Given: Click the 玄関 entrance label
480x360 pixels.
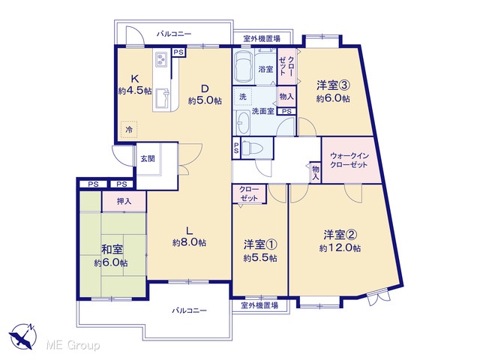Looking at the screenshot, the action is (148, 158).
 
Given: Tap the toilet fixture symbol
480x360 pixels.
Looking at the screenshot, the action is (253, 148).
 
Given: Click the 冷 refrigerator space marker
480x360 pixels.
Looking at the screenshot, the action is (129, 130).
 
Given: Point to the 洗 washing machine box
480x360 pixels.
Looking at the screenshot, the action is (242, 97).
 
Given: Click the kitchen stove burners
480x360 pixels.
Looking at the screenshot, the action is (161, 58).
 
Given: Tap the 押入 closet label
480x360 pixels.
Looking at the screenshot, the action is (124, 201).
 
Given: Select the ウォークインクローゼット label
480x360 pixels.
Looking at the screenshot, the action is (349, 160).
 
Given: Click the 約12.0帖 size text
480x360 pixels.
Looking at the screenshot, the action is (340, 248).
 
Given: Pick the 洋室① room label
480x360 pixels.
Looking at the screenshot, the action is (260, 244).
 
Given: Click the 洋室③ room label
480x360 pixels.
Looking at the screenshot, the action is (333, 85).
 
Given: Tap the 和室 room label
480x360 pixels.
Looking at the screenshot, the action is (112, 250).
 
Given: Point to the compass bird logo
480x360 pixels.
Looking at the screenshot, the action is (22, 336).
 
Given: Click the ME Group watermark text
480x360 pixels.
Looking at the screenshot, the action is (73, 345).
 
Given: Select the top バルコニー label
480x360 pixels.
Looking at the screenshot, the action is (174, 33).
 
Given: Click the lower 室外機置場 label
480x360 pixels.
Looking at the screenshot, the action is (259, 305).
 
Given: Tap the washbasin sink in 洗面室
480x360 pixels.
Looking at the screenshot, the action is (244, 123).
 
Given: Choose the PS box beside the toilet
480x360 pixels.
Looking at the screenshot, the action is (236, 148).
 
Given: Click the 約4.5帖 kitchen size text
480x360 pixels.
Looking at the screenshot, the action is (135, 91).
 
